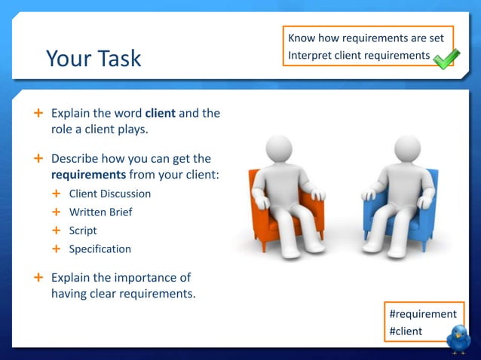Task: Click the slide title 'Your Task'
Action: tap(93, 58)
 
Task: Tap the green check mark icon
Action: tap(446, 59)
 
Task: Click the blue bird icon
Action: tap(458, 339)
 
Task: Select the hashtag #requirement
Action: tap(422, 314)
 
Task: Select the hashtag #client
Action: tap(406, 331)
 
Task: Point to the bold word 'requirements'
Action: tap(83, 175)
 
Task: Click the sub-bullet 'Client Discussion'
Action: tap(110, 194)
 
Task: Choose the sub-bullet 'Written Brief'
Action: tap(100, 212)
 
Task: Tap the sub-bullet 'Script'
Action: tap(83, 230)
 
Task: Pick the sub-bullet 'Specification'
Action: tap(100, 249)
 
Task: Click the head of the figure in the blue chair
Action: tap(407, 150)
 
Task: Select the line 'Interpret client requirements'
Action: tap(358, 56)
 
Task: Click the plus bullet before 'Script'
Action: tap(56, 230)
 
